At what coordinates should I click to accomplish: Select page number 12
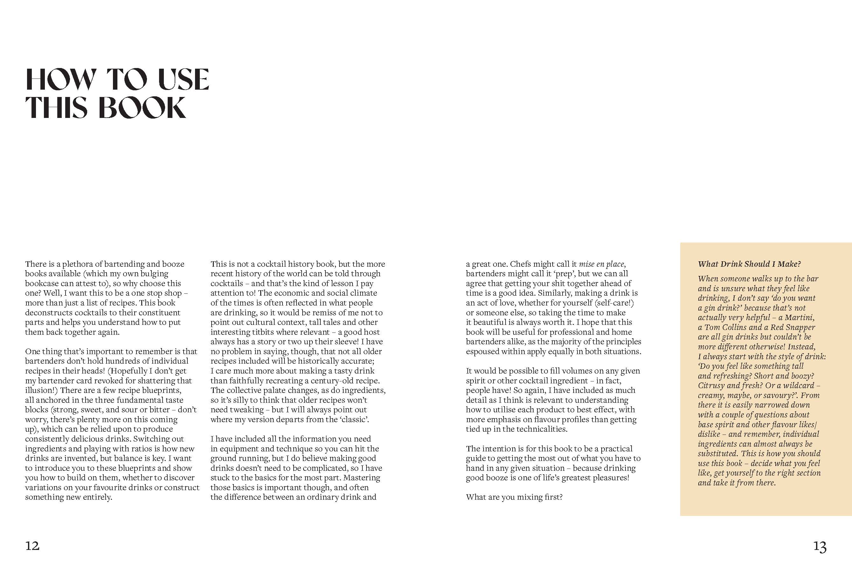[x=32, y=546]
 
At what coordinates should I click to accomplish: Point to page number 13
[x=820, y=547]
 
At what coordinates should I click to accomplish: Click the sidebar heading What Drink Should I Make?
[x=749, y=264]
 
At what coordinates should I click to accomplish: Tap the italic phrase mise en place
[x=602, y=264]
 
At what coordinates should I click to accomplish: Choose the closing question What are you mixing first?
[x=514, y=497]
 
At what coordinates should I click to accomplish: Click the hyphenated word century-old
[x=333, y=381]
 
